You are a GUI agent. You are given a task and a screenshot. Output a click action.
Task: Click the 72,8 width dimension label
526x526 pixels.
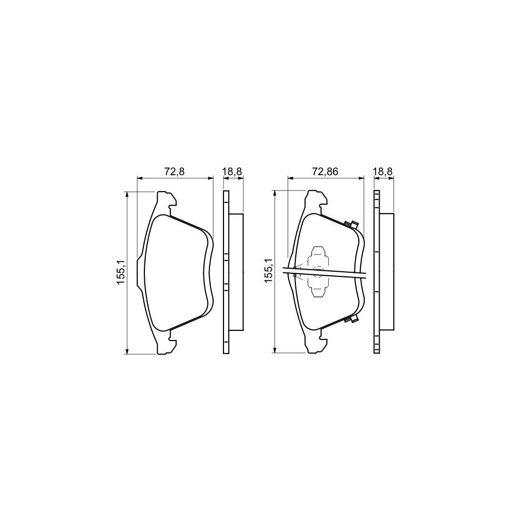(x=174, y=172)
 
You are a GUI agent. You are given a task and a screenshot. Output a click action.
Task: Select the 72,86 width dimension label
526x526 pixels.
(x=326, y=172)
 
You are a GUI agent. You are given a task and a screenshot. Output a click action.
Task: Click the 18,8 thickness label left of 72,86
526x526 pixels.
(x=232, y=172)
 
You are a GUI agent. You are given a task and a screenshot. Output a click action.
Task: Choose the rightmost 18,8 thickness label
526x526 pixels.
(x=383, y=172)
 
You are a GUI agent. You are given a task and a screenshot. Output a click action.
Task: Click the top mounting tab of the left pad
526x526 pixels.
(x=165, y=199)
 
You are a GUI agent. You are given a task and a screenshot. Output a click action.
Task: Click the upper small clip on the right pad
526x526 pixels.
(x=352, y=224)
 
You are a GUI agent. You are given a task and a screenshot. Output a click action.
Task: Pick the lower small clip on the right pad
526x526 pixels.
(x=352, y=321)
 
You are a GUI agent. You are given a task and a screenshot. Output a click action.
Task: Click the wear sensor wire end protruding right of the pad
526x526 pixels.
(x=363, y=276)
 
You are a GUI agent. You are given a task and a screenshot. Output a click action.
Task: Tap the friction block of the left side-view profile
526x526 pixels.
(x=236, y=272)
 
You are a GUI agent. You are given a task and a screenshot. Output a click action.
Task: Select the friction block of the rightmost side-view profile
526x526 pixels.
(x=386, y=272)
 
